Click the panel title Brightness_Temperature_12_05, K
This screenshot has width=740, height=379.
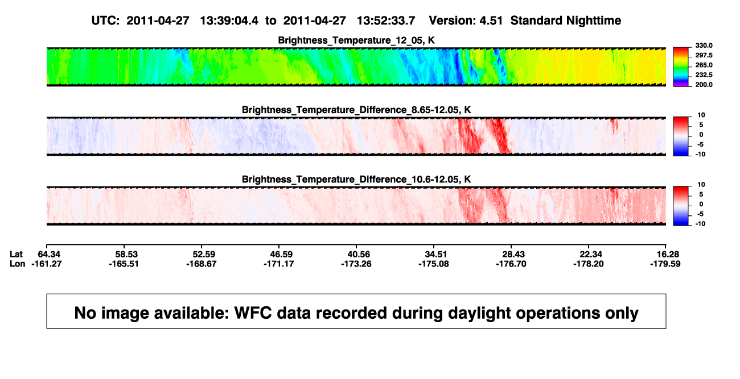(x=356, y=40)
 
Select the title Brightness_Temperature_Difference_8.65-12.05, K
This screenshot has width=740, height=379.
(x=356, y=110)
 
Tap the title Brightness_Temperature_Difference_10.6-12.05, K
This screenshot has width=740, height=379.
(x=356, y=180)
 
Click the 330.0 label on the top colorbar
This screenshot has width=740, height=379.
(x=704, y=45)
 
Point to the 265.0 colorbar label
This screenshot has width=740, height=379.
(x=704, y=65)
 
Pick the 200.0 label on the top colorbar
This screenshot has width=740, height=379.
(x=704, y=85)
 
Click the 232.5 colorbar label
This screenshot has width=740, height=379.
(x=704, y=75)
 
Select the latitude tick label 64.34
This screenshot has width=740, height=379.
(x=49, y=255)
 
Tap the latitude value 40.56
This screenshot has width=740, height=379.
(x=359, y=255)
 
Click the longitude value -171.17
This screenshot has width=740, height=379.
(x=279, y=264)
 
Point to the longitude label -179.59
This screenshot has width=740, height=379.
(x=665, y=264)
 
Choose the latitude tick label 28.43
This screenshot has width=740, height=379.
(x=513, y=255)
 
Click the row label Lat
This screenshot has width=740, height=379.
(x=16, y=255)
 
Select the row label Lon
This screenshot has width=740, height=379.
(x=18, y=264)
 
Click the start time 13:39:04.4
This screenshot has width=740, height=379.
(x=229, y=20)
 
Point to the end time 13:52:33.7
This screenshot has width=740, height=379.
(x=386, y=20)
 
